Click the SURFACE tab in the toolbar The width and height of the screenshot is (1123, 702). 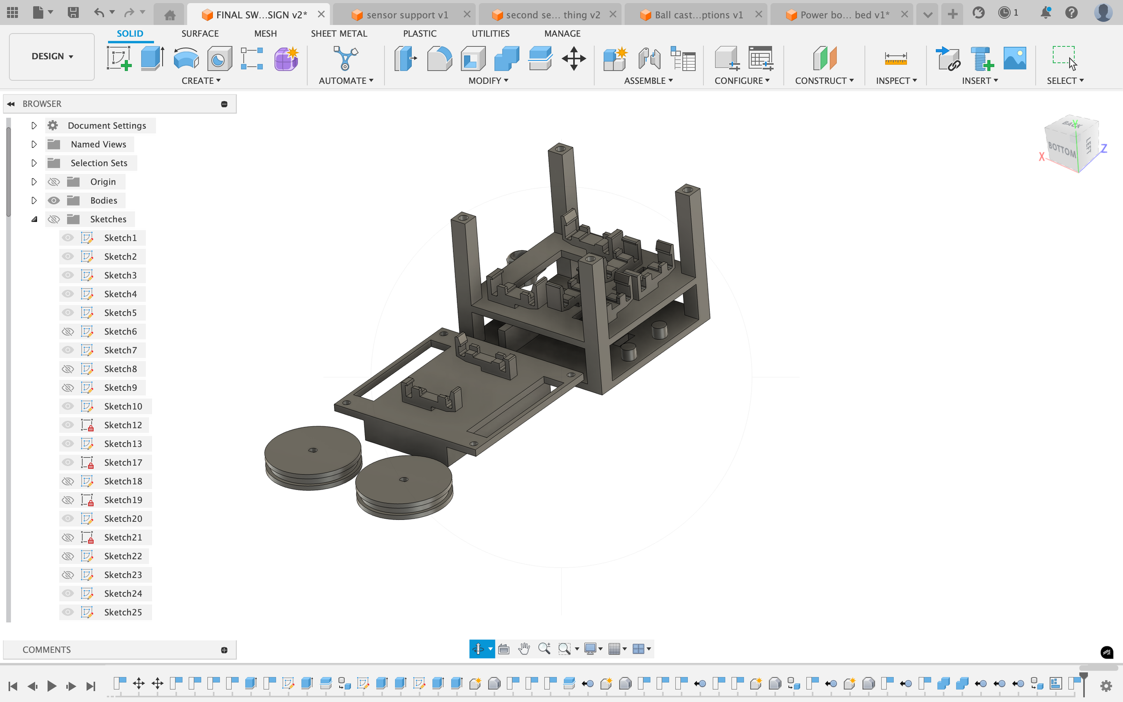click(x=200, y=34)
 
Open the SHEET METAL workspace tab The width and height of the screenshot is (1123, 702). click(x=339, y=34)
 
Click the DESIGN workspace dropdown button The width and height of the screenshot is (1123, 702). click(x=52, y=56)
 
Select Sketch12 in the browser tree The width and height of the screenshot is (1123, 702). click(x=123, y=425)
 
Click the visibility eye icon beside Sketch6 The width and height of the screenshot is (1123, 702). click(x=68, y=331)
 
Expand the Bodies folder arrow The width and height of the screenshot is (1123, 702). click(x=34, y=200)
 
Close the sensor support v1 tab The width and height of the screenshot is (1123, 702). click(x=467, y=15)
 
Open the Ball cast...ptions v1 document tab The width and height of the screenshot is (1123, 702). click(x=698, y=15)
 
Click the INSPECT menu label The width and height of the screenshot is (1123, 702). click(x=896, y=80)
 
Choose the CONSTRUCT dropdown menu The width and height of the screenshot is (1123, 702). click(x=824, y=80)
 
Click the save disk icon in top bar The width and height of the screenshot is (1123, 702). click(x=73, y=13)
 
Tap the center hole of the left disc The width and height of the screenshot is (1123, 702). click(x=313, y=450)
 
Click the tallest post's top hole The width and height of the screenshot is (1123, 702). click(x=560, y=149)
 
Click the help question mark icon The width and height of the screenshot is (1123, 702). click(x=1071, y=13)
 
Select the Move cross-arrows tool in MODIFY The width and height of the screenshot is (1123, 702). click(x=574, y=59)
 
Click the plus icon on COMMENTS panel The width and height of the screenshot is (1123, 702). click(x=224, y=650)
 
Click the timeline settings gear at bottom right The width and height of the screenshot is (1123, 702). click(x=1106, y=686)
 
